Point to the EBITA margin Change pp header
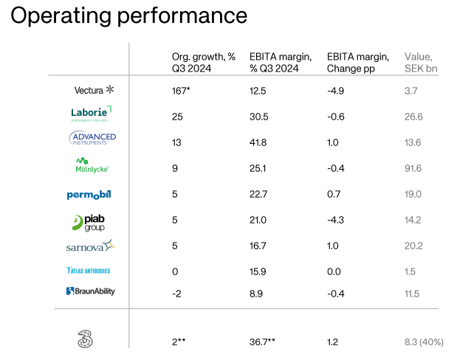coord(357,63)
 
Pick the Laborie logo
coord(91,114)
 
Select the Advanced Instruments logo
coord(92,138)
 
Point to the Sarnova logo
coord(91,246)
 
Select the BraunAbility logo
coord(91,292)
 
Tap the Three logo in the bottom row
coord(87,339)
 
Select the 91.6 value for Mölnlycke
coord(413,168)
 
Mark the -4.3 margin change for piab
coord(336,219)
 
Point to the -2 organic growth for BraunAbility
coord(176,294)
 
